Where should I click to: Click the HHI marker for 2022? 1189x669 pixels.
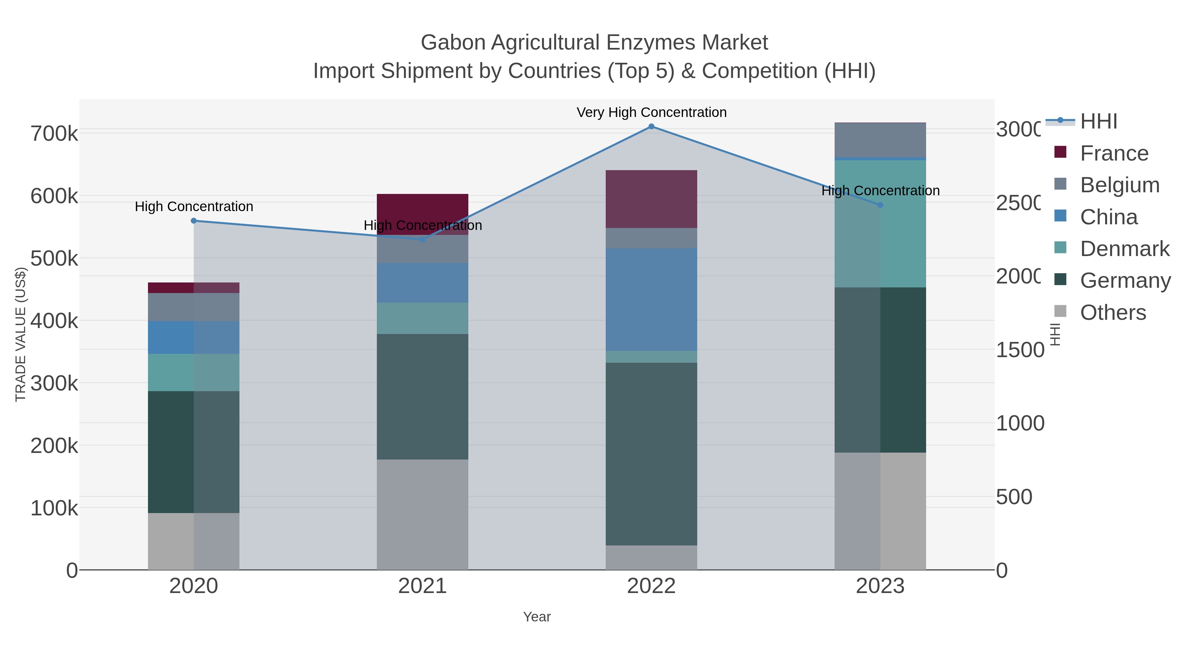(x=651, y=127)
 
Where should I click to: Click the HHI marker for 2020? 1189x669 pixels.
(x=194, y=221)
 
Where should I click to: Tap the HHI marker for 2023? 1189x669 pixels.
(x=880, y=205)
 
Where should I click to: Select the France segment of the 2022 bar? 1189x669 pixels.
(x=651, y=199)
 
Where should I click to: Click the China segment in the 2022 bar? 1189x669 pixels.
(x=651, y=299)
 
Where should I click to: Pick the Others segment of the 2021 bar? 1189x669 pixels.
(x=422, y=514)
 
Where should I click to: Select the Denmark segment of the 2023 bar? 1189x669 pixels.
(x=880, y=224)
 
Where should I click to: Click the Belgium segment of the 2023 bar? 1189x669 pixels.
(x=880, y=140)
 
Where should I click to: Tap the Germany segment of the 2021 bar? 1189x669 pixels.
(x=422, y=396)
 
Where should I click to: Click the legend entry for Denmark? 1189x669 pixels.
(x=1124, y=249)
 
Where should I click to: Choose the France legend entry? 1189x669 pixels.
(x=1114, y=153)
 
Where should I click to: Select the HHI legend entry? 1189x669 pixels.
(x=1099, y=122)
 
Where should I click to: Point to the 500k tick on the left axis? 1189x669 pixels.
(x=54, y=259)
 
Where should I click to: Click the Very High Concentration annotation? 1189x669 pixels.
(x=651, y=112)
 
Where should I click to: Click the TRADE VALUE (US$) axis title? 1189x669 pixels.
(x=20, y=334)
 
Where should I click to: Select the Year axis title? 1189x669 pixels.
(x=537, y=617)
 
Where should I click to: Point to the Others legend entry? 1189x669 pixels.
(x=1112, y=313)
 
